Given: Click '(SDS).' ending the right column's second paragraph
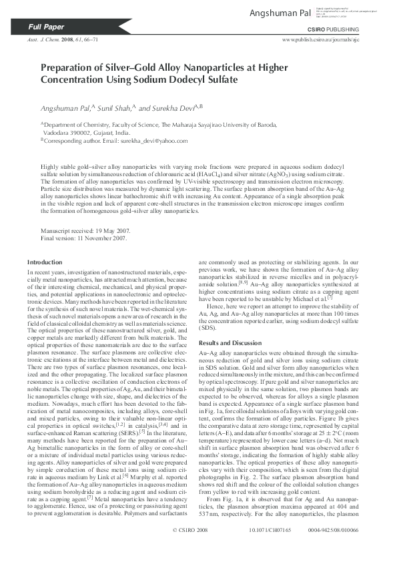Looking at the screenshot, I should point(209,329).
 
